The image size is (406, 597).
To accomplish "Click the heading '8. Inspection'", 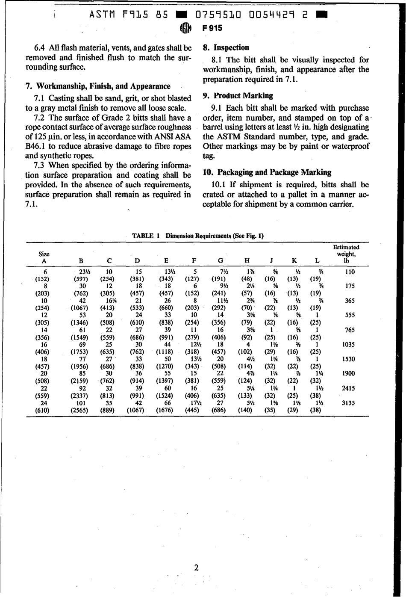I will click(226, 47).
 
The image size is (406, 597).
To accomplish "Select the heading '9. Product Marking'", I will click(238, 96).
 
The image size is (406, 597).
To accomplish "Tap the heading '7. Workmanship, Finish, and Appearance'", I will click(98, 86).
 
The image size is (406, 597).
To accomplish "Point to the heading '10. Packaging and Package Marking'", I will click(267, 172).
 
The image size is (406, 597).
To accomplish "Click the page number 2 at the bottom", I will click(196, 568).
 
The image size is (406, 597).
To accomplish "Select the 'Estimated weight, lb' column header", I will click(346, 254).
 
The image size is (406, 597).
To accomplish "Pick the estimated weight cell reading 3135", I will click(349, 403).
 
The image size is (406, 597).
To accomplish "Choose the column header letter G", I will click(221, 260).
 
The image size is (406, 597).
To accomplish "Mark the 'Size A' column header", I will click(44, 257).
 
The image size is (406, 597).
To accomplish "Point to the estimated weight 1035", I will click(349, 345).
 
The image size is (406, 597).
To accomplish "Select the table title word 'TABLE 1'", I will click(146, 236).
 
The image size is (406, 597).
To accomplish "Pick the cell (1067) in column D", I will click(136, 410).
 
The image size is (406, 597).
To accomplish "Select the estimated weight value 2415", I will click(349, 388).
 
